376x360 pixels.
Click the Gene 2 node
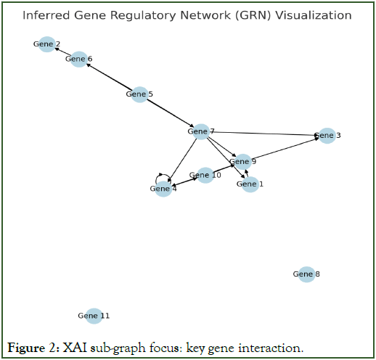coord(47,44)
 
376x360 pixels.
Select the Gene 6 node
coord(79,59)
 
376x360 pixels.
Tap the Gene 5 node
coord(139,94)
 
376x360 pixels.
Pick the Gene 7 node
coord(201,131)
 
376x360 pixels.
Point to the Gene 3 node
coord(327,136)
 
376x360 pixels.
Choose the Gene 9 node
coord(242,162)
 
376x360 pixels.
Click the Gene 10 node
coord(205,175)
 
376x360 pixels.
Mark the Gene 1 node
coord(250,184)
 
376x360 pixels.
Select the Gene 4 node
coord(163,189)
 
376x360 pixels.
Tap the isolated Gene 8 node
coord(306,274)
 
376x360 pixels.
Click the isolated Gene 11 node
coord(94,316)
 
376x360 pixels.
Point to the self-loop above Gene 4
coord(160,174)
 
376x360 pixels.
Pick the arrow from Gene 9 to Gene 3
coord(285,149)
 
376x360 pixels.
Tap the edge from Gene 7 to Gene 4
coord(182,160)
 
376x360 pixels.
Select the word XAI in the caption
coord(75,348)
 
